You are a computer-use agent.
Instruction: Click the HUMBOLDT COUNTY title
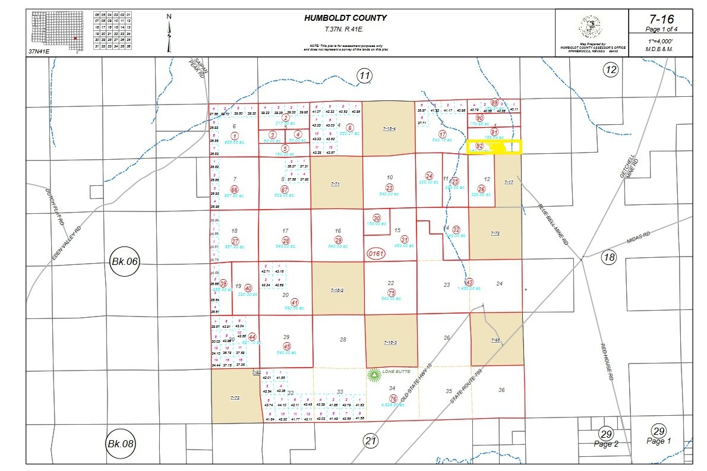point(345,18)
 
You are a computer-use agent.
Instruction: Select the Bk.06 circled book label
point(125,261)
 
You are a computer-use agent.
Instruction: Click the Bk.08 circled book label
point(122,443)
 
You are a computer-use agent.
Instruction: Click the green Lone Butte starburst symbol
point(374,374)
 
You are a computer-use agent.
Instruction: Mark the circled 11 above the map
point(364,75)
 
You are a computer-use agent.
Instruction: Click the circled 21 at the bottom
point(371,441)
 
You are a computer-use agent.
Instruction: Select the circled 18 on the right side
point(609,257)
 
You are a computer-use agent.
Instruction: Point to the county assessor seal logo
point(591,27)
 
